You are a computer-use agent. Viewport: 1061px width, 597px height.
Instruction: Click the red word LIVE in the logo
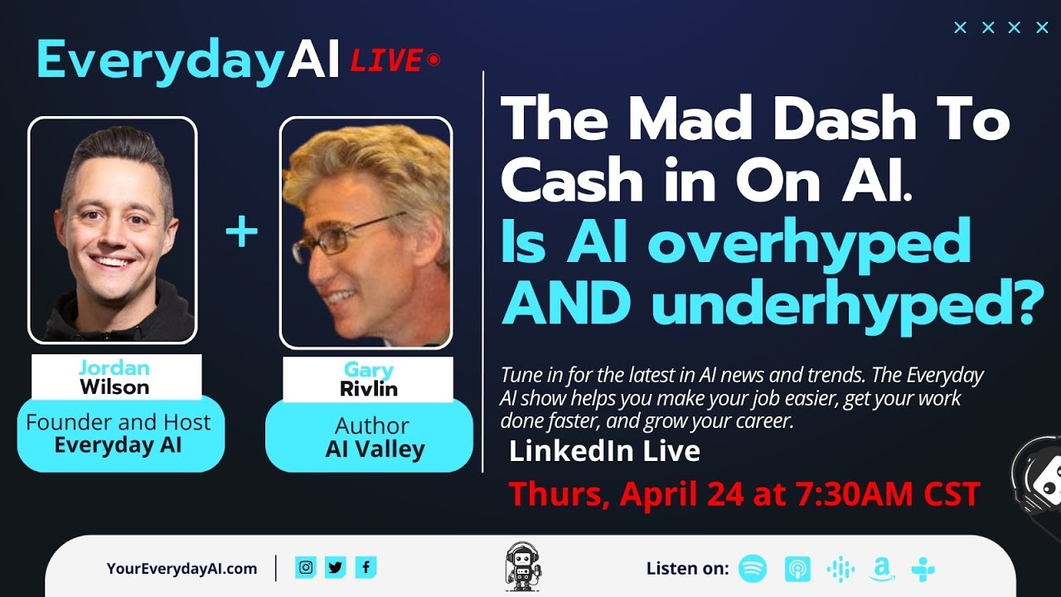coord(386,61)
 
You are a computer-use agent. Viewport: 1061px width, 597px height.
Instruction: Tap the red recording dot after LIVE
coord(433,60)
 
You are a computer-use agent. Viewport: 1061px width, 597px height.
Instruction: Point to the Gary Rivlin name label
coord(368,379)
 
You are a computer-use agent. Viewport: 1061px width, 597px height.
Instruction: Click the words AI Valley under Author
coord(375,449)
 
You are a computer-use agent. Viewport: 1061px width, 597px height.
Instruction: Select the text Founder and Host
coord(118,422)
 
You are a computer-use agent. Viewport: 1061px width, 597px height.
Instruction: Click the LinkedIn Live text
coord(604,451)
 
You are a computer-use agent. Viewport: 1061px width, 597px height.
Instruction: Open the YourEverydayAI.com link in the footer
coord(182,568)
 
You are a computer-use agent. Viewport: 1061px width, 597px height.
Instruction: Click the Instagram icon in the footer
coord(306,567)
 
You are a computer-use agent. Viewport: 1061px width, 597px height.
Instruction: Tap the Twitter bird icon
coord(336,567)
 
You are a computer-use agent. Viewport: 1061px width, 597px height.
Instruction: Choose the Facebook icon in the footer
coord(366,567)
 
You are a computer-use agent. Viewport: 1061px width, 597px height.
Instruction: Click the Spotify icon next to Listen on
coord(753,569)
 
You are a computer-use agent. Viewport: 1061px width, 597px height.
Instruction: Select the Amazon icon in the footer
coord(882,570)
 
